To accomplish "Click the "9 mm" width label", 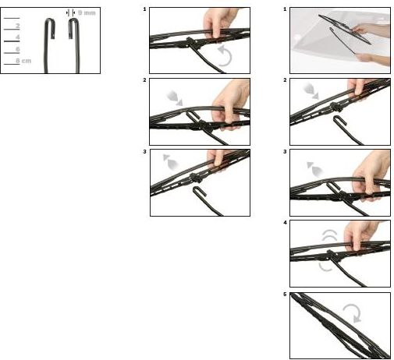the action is tap(87, 12).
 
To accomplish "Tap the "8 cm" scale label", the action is tap(23, 61).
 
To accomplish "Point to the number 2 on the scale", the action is tap(18, 26).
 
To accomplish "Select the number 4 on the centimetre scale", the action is tap(18, 37).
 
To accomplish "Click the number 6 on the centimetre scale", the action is tap(18, 49).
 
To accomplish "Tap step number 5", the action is tap(285, 295).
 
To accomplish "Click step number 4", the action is tap(285, 223).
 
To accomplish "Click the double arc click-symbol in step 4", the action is tap(329, 235).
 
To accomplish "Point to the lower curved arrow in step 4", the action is tap(325, 267).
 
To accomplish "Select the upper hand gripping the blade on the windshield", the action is tap(372, 30).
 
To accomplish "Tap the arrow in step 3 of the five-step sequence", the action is tap(315, 169).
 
